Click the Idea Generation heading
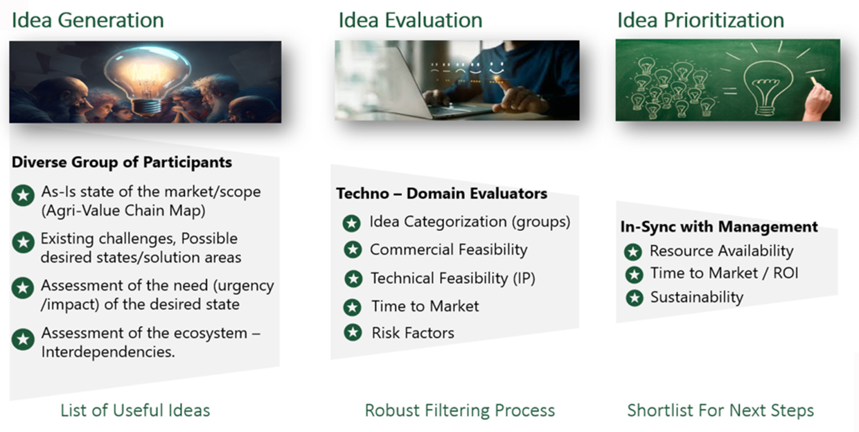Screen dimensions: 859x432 [88, 20]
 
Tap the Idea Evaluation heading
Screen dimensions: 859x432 [410, 20]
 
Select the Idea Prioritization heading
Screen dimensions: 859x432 [700, 20]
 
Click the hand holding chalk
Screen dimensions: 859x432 [819, 100]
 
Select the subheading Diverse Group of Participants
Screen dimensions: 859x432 [121, 162]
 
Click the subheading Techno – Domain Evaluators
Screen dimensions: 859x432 [441, 193]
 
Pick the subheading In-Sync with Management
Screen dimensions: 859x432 [719, 227]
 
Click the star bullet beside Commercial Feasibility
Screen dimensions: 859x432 [353, 250]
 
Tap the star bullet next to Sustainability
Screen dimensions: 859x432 [635, 298]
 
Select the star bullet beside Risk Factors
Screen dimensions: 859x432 [353, 333]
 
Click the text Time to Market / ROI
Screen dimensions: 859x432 [725, 273]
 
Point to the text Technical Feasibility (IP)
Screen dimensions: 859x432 [453, 278]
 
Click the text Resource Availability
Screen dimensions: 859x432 [722, 251]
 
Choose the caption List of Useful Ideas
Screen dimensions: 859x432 [135, 410]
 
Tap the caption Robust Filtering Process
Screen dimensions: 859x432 [460, 410]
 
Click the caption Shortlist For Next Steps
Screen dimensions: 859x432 [720, 410]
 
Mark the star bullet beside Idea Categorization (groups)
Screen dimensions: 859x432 [352, 223]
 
